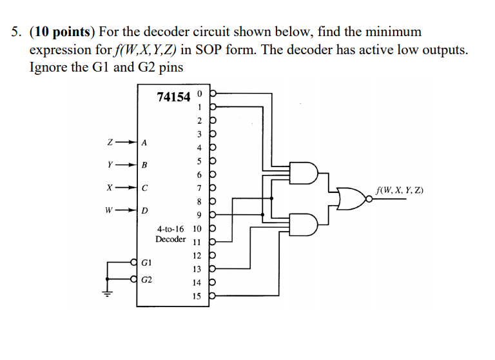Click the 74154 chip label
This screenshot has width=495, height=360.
[173, 97]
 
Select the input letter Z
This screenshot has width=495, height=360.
[110, 141]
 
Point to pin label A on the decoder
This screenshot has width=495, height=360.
[144, 142]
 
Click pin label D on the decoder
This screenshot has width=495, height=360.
[144, 211]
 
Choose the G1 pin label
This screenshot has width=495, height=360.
[147, 263]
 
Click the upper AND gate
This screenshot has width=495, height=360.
[302, 173]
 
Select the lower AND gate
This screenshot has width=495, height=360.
[302, 225]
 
